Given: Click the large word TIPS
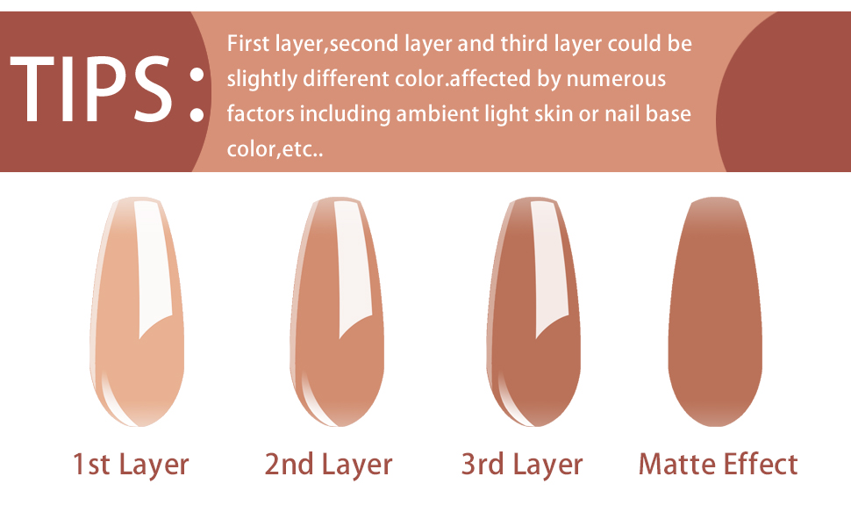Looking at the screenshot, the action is tap(90, 90).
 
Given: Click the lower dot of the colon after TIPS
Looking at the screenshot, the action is tap(197, 115).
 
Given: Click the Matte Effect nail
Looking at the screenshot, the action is tap(715, 312).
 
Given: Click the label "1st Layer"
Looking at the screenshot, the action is tap(131, 466).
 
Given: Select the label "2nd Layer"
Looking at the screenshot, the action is tap(328, 466).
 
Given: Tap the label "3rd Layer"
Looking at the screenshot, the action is tap(522, 466).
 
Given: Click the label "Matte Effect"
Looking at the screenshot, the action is tap(718, 465).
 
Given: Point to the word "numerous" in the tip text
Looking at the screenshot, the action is tap(616, 79).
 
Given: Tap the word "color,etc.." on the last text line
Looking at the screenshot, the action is tap(275, 149).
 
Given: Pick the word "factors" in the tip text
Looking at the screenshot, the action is tap(261, 114).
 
